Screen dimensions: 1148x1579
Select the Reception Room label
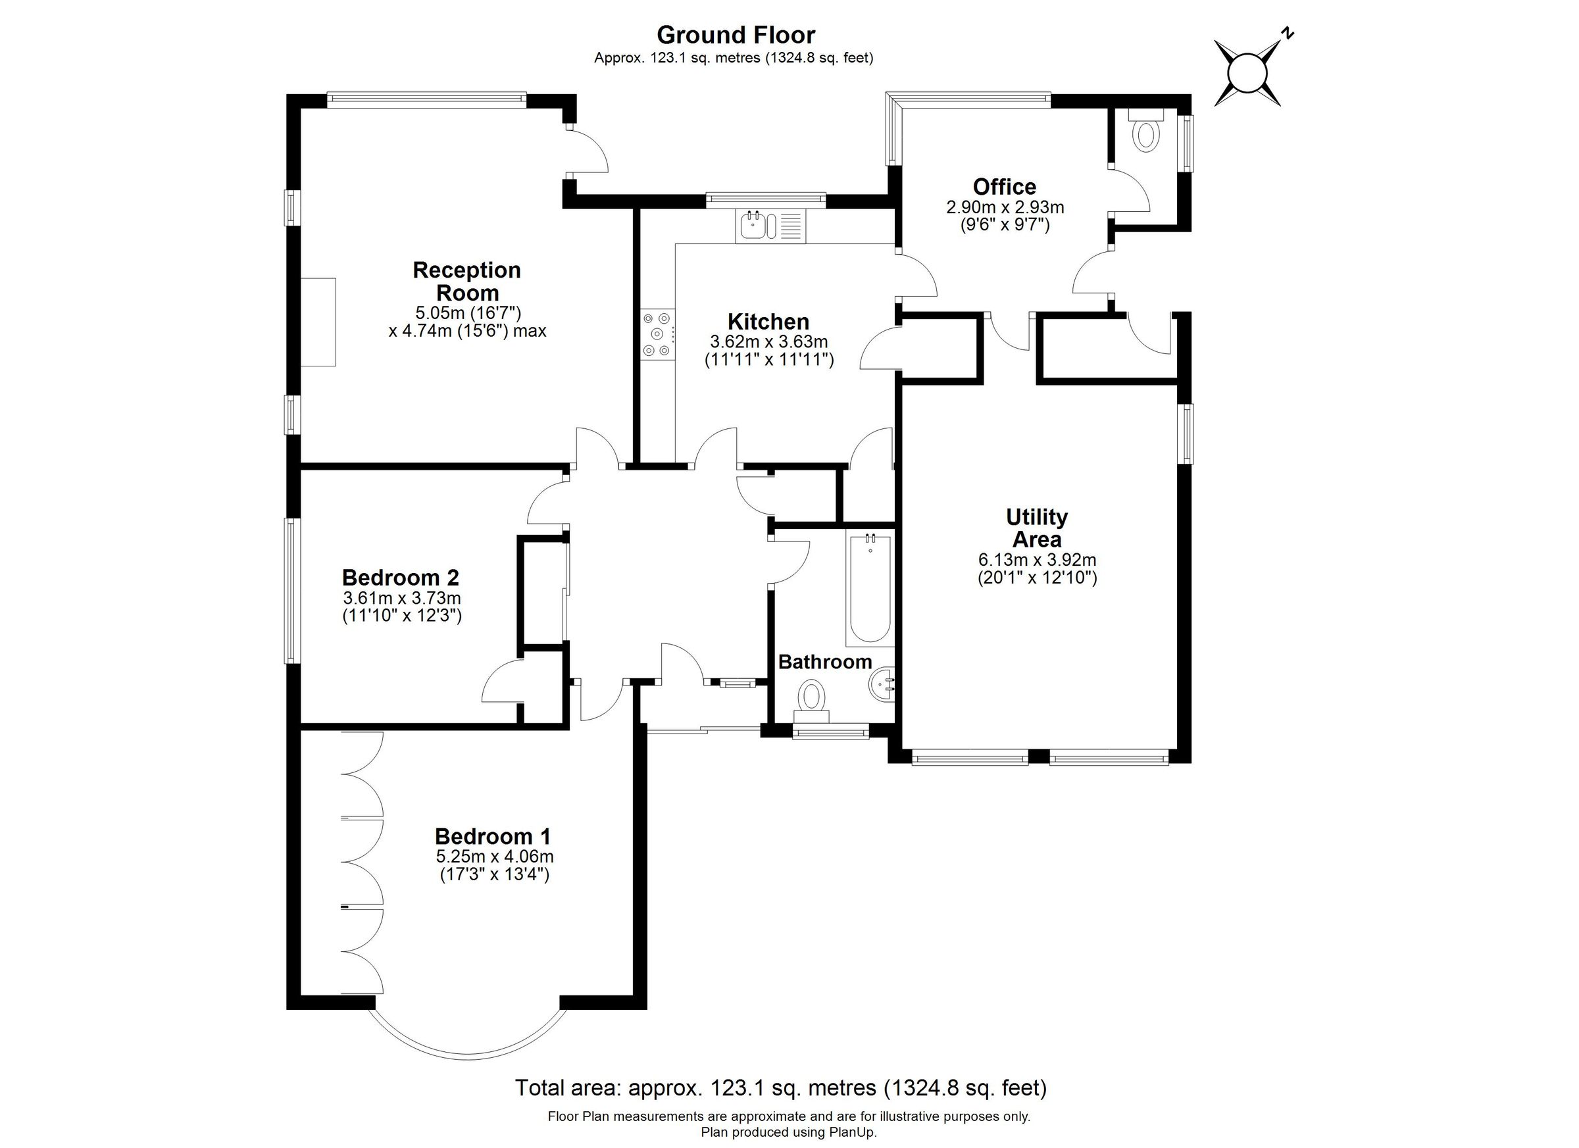point(466,280)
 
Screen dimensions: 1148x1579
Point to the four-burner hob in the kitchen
point(658,335)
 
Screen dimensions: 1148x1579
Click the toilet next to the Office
point(1146,134)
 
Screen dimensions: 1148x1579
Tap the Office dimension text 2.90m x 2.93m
point(1005,207)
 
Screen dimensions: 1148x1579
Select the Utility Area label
point(1037,528)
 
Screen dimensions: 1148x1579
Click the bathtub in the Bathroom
point(869,589)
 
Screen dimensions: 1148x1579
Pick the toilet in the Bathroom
point(811,697)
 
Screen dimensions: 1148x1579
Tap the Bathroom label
point(825,662)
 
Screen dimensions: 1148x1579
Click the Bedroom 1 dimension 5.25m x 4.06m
point(494,857)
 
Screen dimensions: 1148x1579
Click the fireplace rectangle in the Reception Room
point(318,322)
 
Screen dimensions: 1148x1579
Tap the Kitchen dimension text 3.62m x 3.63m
point(768,342)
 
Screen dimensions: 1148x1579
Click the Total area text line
point(780,1087)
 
